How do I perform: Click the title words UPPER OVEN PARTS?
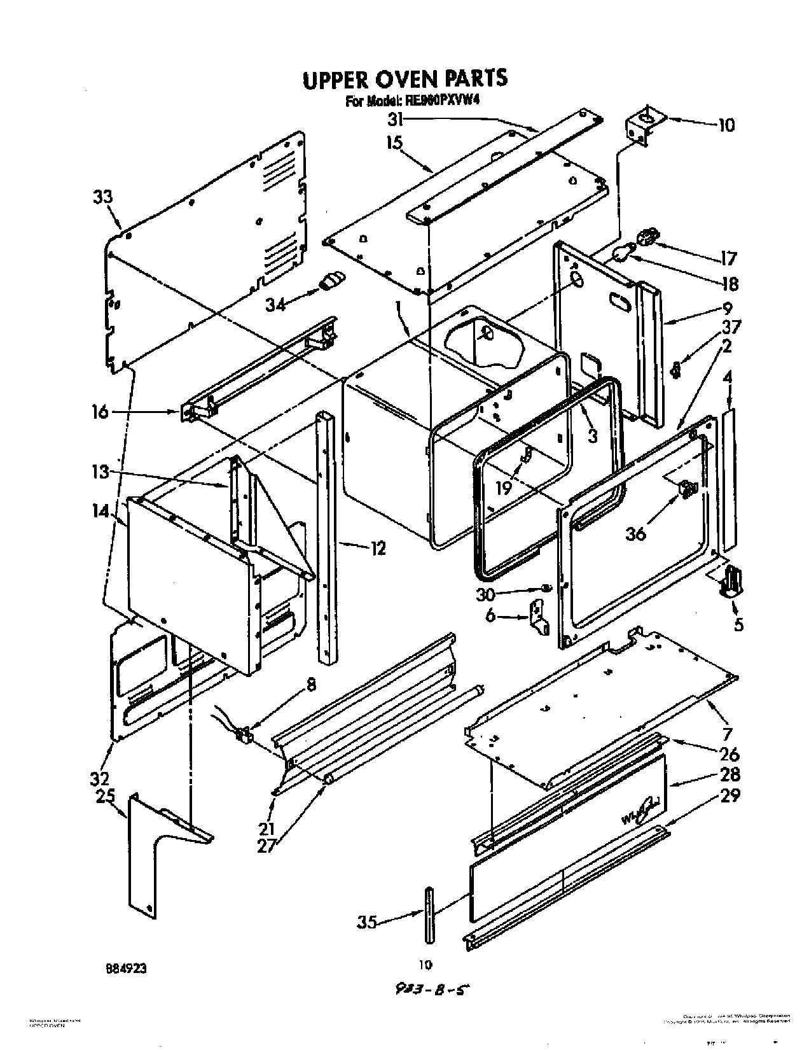[405, 79]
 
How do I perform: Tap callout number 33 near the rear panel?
[103, 197]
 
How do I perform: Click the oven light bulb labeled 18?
[620, 255]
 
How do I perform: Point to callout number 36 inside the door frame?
[635, 533]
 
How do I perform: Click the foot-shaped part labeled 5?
[730, 580]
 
